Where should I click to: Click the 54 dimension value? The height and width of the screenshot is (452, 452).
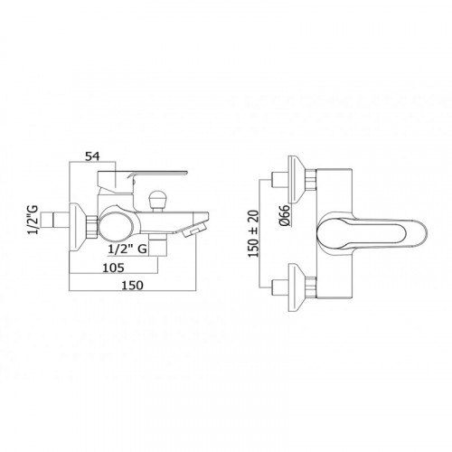pyautogui.click(x=92, y=156)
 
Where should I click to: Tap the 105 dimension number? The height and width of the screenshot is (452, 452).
pyautogui.click(x=114, y=268)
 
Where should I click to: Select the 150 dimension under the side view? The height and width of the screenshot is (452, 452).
pyautogui.click(x=132, y=285)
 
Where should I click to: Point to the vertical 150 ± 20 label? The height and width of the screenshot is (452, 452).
pyautogui.click(x=253, y=233)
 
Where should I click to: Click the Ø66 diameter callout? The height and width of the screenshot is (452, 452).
pyautogui.click(x=285, y=215)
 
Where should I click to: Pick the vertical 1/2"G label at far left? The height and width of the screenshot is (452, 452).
pyautogui.click(x=33, y=220)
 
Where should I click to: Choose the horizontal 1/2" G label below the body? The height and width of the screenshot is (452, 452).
pyautogui.click(x=127, y=249)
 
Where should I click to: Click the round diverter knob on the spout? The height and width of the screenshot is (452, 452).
pyautogui.click(x=157, y=200)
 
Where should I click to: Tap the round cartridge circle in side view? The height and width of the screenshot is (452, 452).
pyautogui.click(x=115, y=225)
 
